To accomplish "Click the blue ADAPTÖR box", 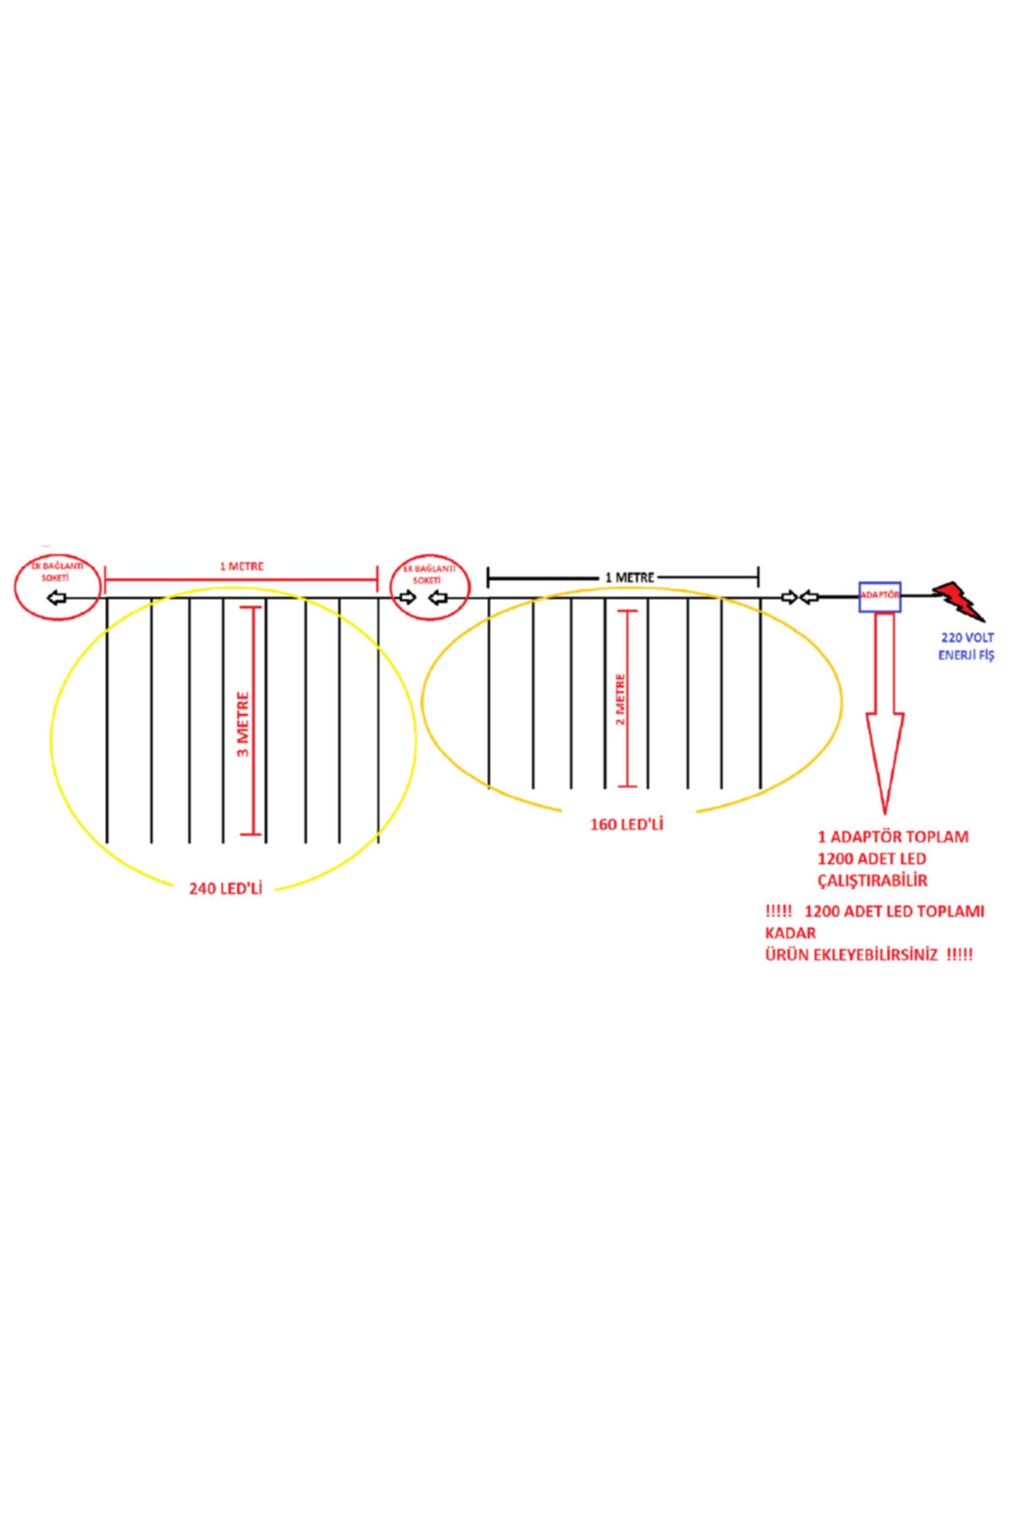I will pos(880,597).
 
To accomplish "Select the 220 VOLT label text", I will pos(966,638).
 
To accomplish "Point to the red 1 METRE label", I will pos(242,566).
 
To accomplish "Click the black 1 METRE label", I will pos(629,577).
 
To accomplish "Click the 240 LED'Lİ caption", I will pos(226,888).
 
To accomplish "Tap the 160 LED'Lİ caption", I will pos(626,824).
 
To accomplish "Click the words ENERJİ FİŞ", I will pos(966,656).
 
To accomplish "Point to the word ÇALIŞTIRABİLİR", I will pos(872,880).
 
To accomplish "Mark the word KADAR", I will pos(790,933).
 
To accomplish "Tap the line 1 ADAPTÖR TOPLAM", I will pos(892,837).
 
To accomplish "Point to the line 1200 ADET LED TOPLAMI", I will pos(894,912).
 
